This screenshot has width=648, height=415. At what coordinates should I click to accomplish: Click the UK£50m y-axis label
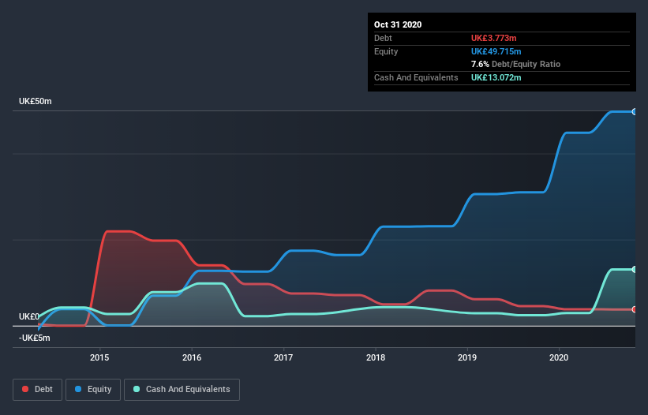[x=36, y=102]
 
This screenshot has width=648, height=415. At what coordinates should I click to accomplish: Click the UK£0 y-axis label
[x=28, y=316]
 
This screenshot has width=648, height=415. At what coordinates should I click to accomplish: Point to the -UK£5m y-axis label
[x=35, y=338]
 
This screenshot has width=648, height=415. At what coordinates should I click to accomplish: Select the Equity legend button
[x=93, y=389]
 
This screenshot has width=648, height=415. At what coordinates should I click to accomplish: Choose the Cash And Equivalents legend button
[x=182, y=389]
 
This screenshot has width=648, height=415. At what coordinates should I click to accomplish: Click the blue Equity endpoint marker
[x=634, y=111]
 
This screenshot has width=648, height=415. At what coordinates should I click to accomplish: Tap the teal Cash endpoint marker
[x=634, y=269]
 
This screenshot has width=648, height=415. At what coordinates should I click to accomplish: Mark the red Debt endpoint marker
[x=634, y=309]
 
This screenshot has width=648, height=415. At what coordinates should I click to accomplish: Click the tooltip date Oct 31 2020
[x=398, y=24]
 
